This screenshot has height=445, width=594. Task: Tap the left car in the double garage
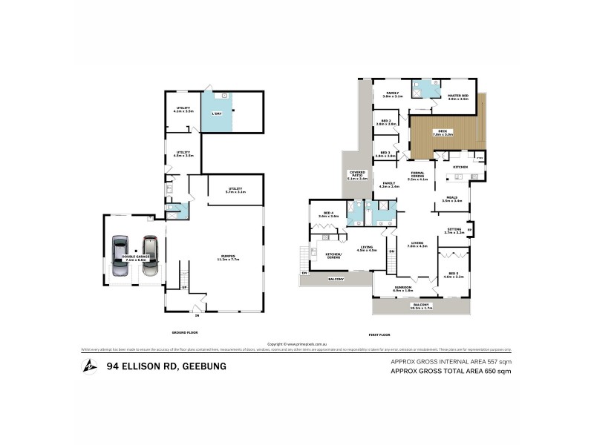tap(120, 255)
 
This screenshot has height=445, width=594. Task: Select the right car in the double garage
tap(150, 254)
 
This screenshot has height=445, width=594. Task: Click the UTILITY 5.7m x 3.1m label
tap(236, 191)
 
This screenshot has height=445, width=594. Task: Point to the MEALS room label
tap(452, 199)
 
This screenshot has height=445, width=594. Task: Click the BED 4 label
tap(328, 214)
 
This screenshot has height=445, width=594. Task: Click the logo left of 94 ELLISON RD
tap(90, 366)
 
